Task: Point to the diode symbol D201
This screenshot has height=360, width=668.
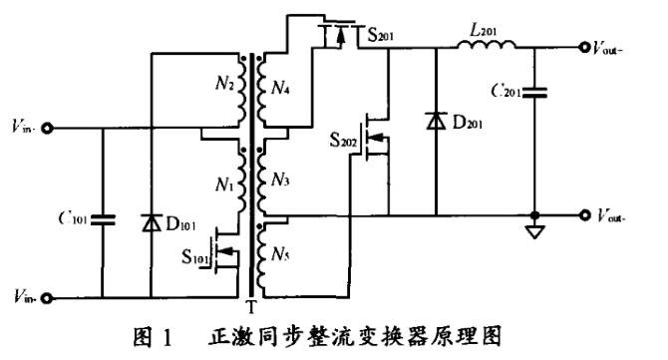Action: click(436, 120)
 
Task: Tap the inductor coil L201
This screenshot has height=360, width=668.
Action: click(488, 46)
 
